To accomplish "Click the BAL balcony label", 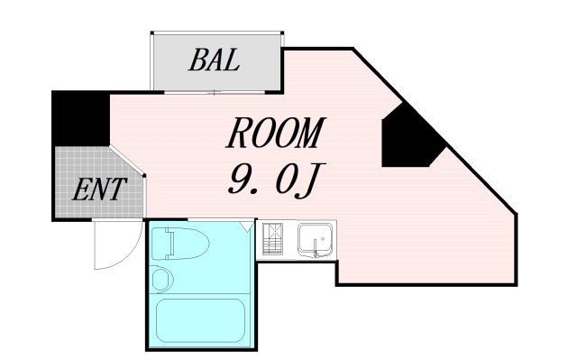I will (x=214, y=61).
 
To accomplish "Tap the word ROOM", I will (x=275, y=135).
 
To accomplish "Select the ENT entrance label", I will (x=98, y=191).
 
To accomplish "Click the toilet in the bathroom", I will (x=180, y=244).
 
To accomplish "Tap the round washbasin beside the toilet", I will (x=162, y=278).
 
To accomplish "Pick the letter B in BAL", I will (x=197, y=61).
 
